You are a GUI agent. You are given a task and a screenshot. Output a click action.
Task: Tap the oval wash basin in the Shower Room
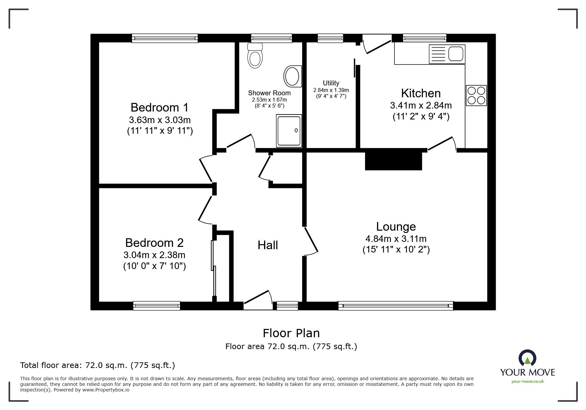[293, 76]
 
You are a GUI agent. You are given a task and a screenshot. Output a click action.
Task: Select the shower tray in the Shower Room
[289, 131]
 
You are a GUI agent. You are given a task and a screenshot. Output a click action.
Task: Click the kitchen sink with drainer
[447, 54]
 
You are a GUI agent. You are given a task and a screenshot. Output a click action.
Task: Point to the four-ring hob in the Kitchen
[476, 95]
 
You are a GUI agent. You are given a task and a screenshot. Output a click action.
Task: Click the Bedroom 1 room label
[159, 108]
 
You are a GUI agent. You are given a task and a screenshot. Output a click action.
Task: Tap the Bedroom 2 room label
[154, 243]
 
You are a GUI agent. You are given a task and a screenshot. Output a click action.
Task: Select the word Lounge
[396, 227]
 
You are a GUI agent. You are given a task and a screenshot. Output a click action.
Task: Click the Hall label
[268, 245]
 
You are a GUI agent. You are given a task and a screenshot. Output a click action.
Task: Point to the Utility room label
[331, 83]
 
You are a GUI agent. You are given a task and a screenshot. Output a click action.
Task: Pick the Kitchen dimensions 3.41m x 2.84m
[421, 106]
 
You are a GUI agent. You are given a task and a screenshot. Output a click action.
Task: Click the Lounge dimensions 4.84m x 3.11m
[396, 239]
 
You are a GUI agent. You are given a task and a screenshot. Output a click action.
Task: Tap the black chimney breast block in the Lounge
[393, 161]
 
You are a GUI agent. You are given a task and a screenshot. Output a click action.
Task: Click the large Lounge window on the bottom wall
[396, 306]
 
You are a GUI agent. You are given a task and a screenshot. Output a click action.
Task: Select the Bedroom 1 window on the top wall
[165, 38]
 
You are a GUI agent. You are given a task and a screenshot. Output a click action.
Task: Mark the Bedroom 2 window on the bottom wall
[157, 306]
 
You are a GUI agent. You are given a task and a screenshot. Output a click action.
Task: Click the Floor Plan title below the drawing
[291, 333]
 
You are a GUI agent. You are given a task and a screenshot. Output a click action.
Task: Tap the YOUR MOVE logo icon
[527, 359]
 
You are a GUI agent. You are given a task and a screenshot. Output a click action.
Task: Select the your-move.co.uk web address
[527, 382]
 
